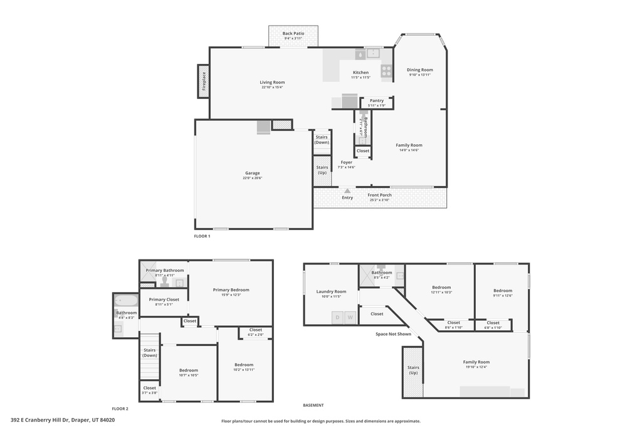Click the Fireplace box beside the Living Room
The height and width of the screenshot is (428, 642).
(x=203, y=81)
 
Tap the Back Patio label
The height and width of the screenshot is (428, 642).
(x=293, y=34)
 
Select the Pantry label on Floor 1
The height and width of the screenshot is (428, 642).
(x=376, y=100)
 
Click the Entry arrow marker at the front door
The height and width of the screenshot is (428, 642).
(x=347, y=191)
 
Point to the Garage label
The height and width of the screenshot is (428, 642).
(x=252, y=173)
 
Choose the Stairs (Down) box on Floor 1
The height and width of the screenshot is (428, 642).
(x=322, y=140)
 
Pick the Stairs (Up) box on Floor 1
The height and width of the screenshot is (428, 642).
(x=322, y=170)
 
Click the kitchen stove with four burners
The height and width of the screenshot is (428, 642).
(x=386, y=71)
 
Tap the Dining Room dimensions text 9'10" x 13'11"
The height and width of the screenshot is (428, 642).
(x=419, y=75)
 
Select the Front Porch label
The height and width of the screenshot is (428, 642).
(x=379, y=195)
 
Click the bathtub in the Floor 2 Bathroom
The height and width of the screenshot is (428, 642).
(x=126, y=300)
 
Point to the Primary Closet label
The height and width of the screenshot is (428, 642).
(x=164, y=300)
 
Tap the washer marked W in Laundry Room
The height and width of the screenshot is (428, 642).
(x=350, y=318)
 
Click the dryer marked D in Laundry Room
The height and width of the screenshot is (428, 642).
(x=337, y=318)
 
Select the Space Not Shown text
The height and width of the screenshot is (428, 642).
(x=393, y=334)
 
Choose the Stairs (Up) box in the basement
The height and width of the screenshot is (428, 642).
(x=413, y=371)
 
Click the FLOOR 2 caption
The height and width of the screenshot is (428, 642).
(x=120, y=409)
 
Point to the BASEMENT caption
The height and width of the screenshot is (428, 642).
(x=313, y=405)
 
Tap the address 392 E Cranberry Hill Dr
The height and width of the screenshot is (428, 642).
(x=63, y=420)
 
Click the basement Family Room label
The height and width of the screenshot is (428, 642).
(x=476, y=362)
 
